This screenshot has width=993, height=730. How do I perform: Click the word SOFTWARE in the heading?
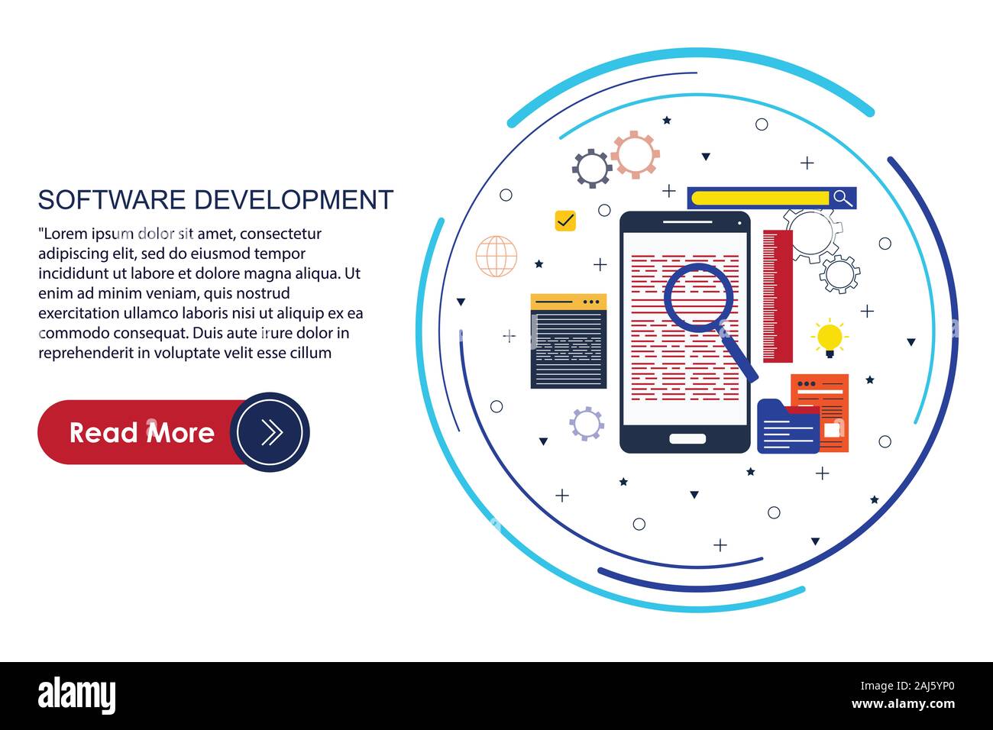[112, 199]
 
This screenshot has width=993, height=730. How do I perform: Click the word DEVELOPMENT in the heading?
[293, 199]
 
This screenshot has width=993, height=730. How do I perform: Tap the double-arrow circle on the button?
[270, 431]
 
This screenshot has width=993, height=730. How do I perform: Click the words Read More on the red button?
[142, 433]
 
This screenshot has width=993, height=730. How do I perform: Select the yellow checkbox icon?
[565, 220]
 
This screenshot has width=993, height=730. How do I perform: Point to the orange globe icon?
[496, 256]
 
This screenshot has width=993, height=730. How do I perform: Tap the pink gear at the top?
[635, 155]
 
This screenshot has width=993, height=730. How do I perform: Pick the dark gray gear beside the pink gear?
[592, 169]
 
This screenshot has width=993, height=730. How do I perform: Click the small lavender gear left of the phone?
[587, 424]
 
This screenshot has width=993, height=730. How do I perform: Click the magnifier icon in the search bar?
[843, 198]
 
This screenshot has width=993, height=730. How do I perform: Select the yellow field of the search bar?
[760, 198]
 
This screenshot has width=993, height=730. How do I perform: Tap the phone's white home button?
[687, 439]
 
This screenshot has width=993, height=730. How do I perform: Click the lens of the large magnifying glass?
[698, 297]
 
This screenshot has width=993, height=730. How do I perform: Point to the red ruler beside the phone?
[778, 296]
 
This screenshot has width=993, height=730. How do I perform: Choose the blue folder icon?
[788, 427]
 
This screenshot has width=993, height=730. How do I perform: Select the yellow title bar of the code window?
[568, 302]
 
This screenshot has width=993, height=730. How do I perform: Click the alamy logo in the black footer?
[76, 696]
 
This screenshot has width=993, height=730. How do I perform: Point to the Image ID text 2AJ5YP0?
[934, 686]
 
